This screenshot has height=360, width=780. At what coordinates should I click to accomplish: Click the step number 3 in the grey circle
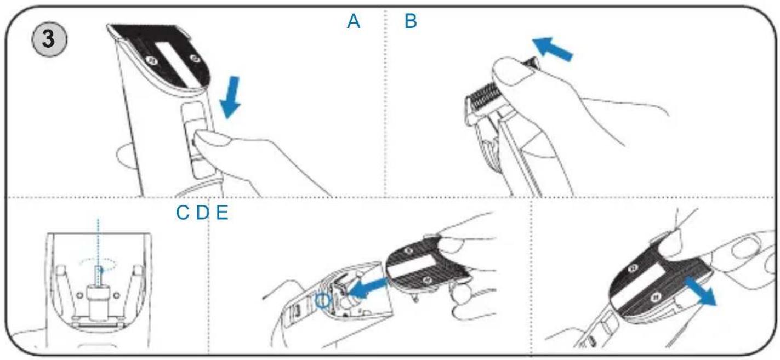tap(48, 39)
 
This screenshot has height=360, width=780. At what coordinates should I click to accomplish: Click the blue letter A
tap(354, 21)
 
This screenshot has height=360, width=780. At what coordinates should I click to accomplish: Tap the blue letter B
tap(411, 21)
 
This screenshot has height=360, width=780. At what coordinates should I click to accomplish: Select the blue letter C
tap(183, 213)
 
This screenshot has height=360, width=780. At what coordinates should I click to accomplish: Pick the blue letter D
tap(203, 213)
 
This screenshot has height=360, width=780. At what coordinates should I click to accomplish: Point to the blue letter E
tap(222, 213)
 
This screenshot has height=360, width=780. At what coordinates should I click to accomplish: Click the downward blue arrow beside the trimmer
tap(231, 97)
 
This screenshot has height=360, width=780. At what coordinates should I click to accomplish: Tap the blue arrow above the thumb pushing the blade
tap(553, 49)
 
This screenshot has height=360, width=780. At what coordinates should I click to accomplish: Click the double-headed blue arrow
tap(701, 291)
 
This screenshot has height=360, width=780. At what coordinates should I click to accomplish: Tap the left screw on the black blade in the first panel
tap(152, 61)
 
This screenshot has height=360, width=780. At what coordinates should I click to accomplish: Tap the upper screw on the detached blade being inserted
tap(409, 250)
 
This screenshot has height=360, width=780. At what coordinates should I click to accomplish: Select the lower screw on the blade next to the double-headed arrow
tap(656, 297)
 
